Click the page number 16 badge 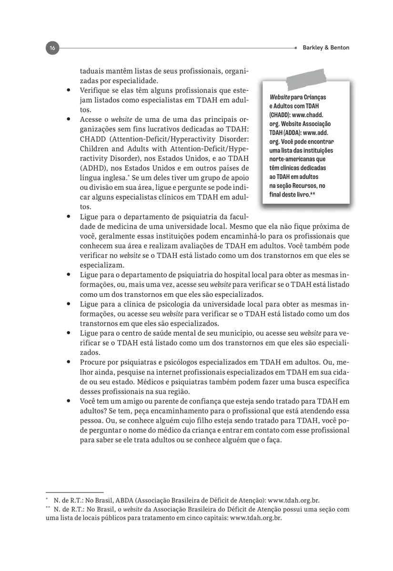pos(52,48)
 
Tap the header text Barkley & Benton pos(326,48)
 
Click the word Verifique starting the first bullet pos(95,90)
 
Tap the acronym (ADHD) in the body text pos(93,168)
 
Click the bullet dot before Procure pos(69,362)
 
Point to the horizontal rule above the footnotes pos(74,492)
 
